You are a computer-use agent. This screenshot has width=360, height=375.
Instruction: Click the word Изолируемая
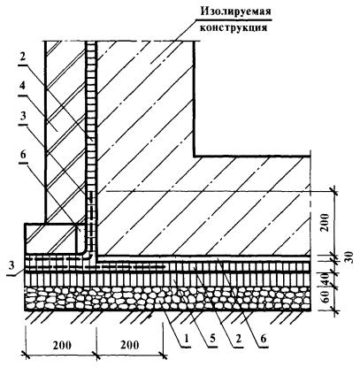(235, 12)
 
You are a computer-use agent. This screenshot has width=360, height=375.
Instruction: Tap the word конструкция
(234, 27)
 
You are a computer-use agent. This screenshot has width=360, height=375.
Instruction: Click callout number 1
(186, 339)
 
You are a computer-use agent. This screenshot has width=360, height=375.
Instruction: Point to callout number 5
(212, 339)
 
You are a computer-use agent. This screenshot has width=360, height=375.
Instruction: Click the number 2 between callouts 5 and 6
(238, 339)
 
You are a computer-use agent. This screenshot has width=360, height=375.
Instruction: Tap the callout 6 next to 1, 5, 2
(264, 339)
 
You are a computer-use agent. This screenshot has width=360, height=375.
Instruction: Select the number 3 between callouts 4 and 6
(23, 118)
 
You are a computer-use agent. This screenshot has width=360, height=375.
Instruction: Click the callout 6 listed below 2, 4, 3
(23, 155)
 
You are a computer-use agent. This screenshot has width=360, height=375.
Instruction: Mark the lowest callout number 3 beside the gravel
(11, 266)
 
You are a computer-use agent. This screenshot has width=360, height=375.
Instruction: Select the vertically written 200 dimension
(325, 223)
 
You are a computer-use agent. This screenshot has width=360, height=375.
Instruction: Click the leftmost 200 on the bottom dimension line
(62, 345)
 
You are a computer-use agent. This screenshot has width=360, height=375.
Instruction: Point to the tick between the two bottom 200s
(96, 354)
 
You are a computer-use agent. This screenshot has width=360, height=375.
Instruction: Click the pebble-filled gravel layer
(168, 298)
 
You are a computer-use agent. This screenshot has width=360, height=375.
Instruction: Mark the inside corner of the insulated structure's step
(195, 156)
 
